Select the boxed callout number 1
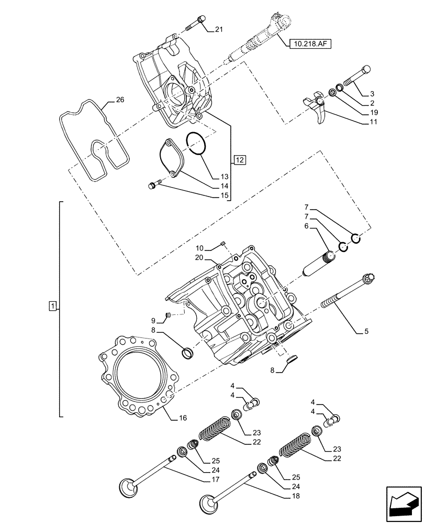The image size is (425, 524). (x=52, y=305)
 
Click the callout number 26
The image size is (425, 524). (x=120, y=100)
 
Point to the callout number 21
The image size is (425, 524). (x=218, y=29)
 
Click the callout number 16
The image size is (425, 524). (x=183, y=418)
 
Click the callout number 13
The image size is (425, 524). (x=224, y=177)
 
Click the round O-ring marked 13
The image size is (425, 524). (x=197, y=144)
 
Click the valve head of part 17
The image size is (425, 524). (x=128, y=489)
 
